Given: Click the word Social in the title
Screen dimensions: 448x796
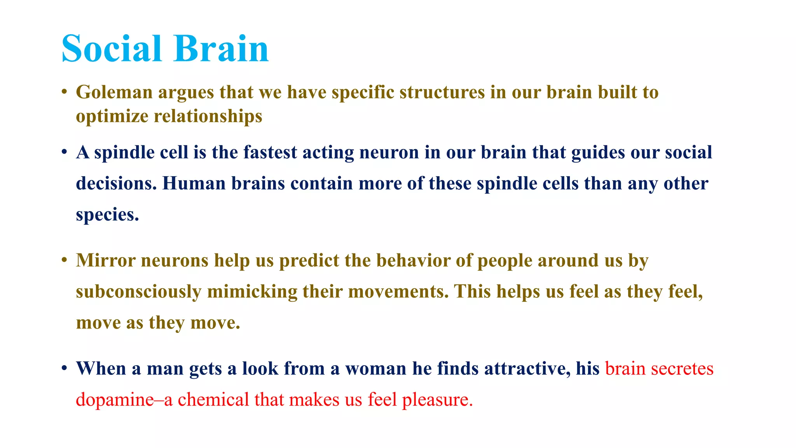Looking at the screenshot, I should (111, 49).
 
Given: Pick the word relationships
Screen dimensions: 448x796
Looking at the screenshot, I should (208, 117).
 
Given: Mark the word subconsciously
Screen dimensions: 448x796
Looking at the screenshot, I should (139, 292).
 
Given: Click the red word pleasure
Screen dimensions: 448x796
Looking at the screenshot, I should (437, 400).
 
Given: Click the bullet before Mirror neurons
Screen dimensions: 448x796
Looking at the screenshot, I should (65, 260).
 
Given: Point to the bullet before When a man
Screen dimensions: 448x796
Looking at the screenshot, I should (65, 368).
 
